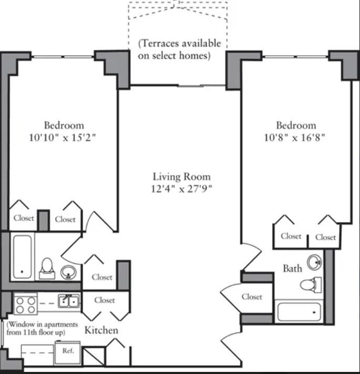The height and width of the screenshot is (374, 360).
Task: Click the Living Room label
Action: (x=181, y=176)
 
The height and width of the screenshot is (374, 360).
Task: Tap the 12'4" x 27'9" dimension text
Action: (x=181, y=189)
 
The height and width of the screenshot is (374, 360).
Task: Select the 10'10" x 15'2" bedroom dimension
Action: (x=63, y=138)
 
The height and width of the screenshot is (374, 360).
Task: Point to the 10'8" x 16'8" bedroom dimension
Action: (x=295, y=138)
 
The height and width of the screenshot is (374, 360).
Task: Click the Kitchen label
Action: (x=101, y=330)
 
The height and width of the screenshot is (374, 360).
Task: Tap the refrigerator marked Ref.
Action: (x=67, y=353)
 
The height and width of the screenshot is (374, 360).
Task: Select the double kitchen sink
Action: (x=69, y=302)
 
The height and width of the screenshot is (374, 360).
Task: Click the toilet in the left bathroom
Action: (x=47, y=268)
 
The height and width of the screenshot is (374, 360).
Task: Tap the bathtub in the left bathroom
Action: (x=22, y=257)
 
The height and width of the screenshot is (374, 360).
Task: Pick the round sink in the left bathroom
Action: (x=68, y=272)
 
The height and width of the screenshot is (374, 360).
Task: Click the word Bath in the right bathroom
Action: (x=293, y=268)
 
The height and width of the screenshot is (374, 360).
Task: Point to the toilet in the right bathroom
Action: (x=311, y=285)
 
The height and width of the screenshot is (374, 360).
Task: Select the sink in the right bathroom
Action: (x=315, y=262)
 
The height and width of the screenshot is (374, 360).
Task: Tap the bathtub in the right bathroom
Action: (x=299, y=312)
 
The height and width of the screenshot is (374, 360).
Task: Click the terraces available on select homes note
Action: (x=179, y=49)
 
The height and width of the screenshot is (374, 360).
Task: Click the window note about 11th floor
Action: (x=42, y=328)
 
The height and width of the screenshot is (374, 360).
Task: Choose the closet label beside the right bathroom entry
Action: (x=252, y=297)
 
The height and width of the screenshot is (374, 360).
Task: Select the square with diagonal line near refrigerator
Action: (x=94, y=356)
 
